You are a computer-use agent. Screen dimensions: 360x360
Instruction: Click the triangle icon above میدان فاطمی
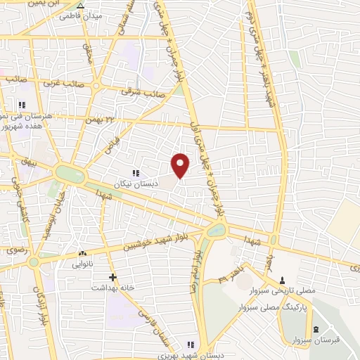point(80,5)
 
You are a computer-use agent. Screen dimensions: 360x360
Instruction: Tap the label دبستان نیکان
point(137,182)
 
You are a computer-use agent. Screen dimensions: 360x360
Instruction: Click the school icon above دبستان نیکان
point(136,172)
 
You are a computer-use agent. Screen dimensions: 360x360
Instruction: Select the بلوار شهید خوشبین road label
point(157,242)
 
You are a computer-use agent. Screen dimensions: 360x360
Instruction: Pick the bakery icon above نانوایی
point(83,253)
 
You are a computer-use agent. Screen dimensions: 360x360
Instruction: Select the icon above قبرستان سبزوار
point(315,331)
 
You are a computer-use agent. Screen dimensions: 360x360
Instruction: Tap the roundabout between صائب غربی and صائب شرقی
point(90,84)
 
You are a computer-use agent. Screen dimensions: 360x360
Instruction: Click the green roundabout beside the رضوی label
point(34,262)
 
